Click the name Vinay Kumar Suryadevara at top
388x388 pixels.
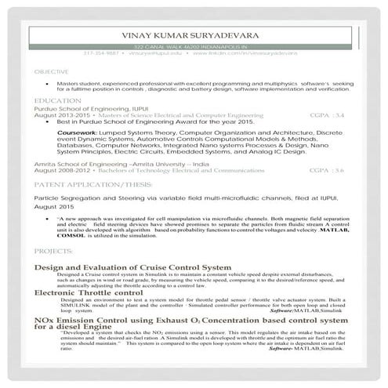point(194,35)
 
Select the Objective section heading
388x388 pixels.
point(51,71)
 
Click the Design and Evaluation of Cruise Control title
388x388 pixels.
point(132,268)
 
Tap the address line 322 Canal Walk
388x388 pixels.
point(194,47)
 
